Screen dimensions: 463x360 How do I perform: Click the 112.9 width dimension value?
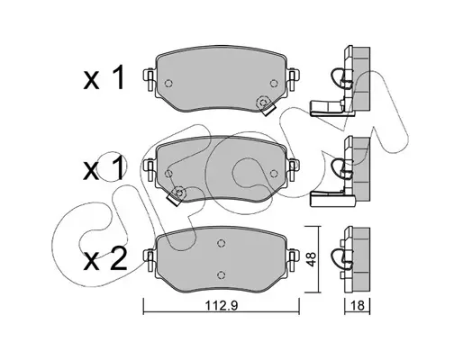[x=222, y=306]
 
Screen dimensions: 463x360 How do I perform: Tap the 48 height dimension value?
[x=312, y=259]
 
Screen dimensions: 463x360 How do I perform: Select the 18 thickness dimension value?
[x=358, y=306]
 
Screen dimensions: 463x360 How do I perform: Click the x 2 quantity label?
[x=104, y=260]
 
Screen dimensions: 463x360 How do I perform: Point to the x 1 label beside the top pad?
[x=104, y=78]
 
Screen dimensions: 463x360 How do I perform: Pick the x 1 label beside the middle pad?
[x=104, y=169]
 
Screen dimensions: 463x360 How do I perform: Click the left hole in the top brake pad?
[x=168, y=83]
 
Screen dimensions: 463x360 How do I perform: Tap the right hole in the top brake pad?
[x=273, y=83]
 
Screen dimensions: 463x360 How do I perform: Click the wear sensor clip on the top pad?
[x=265, y=105]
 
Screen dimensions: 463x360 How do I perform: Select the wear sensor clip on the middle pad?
[x=177, y=195]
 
